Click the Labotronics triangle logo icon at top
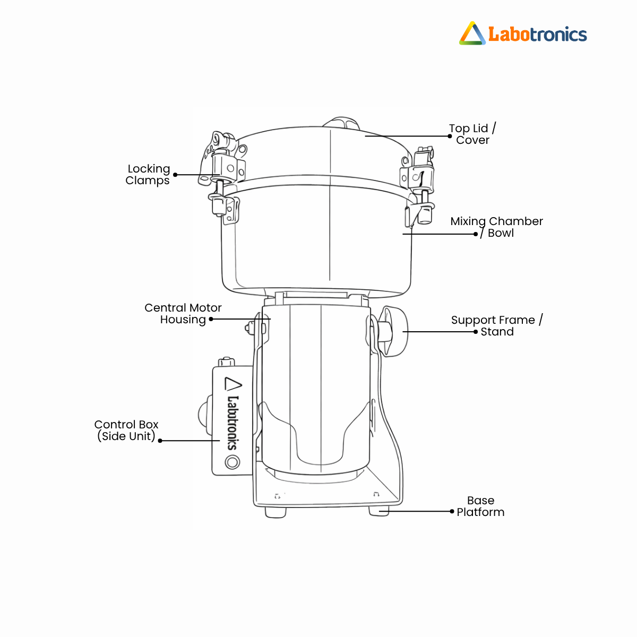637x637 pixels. [x=472, y=33]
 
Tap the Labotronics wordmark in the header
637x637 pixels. [x=538, y=35]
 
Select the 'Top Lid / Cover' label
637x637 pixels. [x=472, y=134]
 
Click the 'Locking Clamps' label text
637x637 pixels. [x=148, y=175]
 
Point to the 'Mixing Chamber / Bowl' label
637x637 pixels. [x=496, y=227]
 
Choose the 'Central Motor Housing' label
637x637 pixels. [x=183, y=314]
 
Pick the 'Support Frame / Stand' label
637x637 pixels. [x=497, y=325]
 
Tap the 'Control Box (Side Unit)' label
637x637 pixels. [x=126, y=430]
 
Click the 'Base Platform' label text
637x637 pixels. [x=480, y=506]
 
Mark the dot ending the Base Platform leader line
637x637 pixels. [x=452, y=511]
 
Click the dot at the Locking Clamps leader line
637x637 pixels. [x=175, y=175]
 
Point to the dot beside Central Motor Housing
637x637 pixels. [x=211, y=319]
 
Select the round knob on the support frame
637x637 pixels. [x=393, y=332]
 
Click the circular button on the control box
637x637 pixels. [x=233, y=462]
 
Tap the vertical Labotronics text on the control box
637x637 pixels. [x=233, y=423]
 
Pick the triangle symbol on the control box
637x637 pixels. [x=233, y=384]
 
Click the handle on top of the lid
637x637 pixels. [x=341, y=122]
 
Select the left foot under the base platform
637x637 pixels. [x=276, y=512]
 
